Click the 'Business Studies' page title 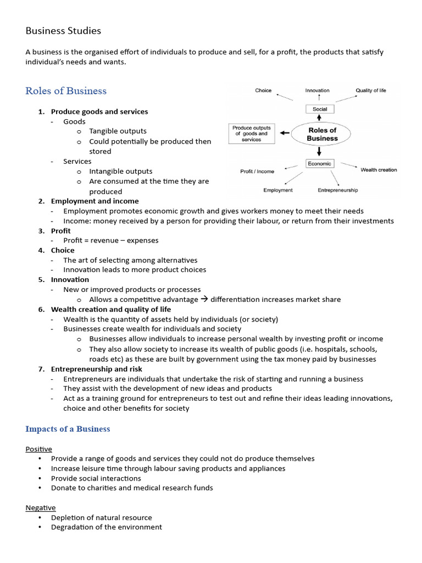(63, 31)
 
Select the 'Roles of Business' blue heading (66, 91)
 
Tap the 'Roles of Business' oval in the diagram (322, 134)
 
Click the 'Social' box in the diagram (320, 109)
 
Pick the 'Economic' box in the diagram (319, 163)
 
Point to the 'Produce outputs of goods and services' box (251, 134)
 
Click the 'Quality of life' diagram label (371, 90)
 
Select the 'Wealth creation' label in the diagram (379, 170)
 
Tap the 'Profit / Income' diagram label (257, 172)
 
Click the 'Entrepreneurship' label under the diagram (337, 190)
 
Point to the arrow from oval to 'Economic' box (320, 151)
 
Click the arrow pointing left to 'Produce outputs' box (284, 133)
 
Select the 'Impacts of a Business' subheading (68, 429)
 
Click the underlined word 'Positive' (38, 449)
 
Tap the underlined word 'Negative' (41, 507)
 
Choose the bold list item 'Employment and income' (95, 201)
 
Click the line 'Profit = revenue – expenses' (111, 240)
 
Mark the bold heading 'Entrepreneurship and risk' (96, 369)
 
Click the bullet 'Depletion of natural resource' (101, 517)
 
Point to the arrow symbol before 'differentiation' (204, 300)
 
